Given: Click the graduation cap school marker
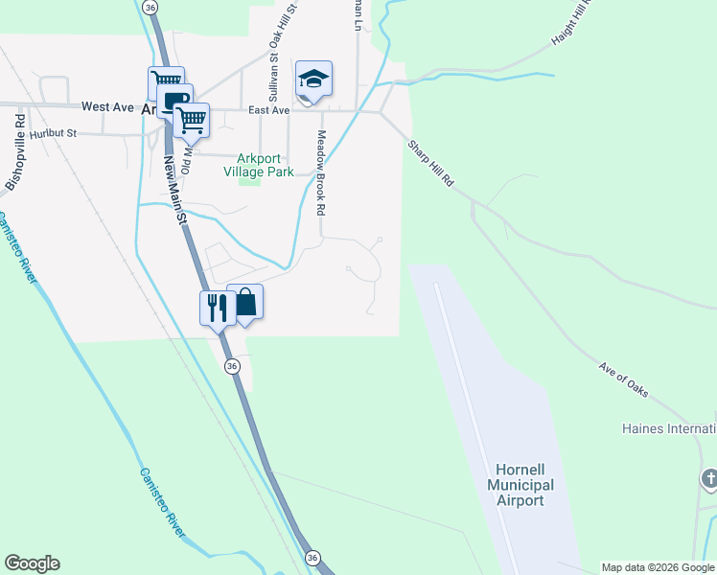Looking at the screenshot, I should click(313, 78).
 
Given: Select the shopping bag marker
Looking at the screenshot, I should click(245, 302).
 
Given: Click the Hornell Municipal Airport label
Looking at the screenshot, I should click(520, 485).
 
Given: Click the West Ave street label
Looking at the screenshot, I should click(107, 107).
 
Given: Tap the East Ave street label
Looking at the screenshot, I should click(268, 110).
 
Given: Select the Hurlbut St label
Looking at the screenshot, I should click(53, 134).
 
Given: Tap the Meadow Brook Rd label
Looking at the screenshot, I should click(322, 172).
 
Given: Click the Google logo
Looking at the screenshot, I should click(32, 563).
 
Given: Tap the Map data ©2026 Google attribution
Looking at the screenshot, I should click(658, 567).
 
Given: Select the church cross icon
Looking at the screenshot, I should click(709, 477).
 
